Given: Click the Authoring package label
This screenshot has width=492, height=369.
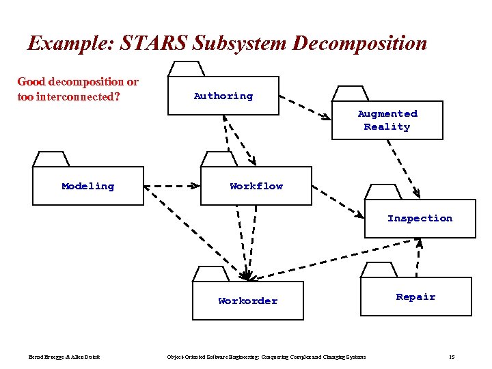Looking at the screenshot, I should pos(223,96).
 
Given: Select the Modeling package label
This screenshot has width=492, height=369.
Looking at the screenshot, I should pos(87,186).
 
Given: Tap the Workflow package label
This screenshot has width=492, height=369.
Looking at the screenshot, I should pos(256,186).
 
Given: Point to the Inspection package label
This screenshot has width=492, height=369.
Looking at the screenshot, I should pos(420,219).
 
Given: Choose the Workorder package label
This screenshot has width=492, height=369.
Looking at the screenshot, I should pos(247,301).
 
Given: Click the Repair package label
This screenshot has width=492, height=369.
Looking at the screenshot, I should pos(415,297).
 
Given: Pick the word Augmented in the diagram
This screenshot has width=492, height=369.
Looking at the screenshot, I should pos(387,114).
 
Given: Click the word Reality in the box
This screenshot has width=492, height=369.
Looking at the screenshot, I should pos(387,127).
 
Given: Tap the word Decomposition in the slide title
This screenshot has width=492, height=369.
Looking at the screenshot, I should pos(359,44).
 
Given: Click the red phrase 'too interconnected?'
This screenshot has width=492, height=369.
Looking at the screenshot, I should pos(69,96).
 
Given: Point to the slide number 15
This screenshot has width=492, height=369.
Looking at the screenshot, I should pos(452,357).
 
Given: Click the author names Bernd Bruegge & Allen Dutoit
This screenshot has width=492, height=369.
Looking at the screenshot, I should pos(64,357).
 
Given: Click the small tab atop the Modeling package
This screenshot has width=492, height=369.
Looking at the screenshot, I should pos(51,159).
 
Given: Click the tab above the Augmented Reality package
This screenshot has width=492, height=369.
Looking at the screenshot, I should pos(351,94).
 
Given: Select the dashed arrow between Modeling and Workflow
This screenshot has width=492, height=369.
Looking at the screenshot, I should pos(172,186).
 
